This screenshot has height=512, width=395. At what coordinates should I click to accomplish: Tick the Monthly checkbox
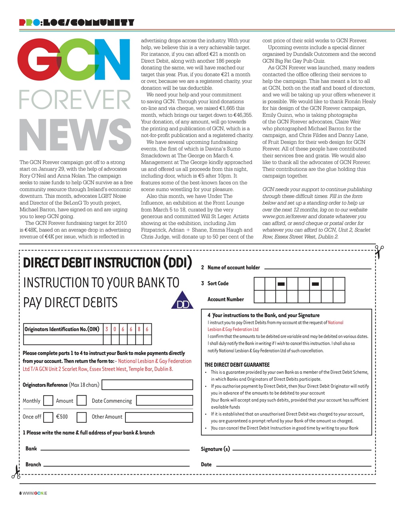pyautogui.click(x=48, y=400)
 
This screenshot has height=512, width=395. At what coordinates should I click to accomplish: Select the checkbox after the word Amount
pyautogui.click(x=81, y=400)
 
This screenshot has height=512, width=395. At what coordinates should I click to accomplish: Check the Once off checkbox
pyautogui.click(x=48, y=417)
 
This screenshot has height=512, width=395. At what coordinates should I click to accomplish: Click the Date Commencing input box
pyautogui.click(x=164, y=400)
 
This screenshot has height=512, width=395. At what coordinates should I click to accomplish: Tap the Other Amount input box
pyautogui.click(x=159, y=417)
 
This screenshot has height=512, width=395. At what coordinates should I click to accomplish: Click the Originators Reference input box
pyautogui.click(x=147, y=385)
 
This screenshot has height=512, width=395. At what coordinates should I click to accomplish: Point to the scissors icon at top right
pyautogui.click(x=379, y=252)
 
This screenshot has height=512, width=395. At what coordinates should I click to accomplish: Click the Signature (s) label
pyautogui.click(x=215, y=449)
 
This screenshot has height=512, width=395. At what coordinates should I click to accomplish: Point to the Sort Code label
pyautogui.click(x=218, y=283)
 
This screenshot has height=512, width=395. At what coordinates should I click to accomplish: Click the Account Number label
pyautogui.click(x=225, y=299)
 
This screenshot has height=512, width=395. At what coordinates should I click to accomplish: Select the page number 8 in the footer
pyautogui.click(x=20, y=493)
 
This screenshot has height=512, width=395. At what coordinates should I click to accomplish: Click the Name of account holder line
pyautogui.click(x=318, y=268)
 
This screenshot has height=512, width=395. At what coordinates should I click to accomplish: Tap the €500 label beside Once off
pyautogui.click(x=62, y=417)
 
